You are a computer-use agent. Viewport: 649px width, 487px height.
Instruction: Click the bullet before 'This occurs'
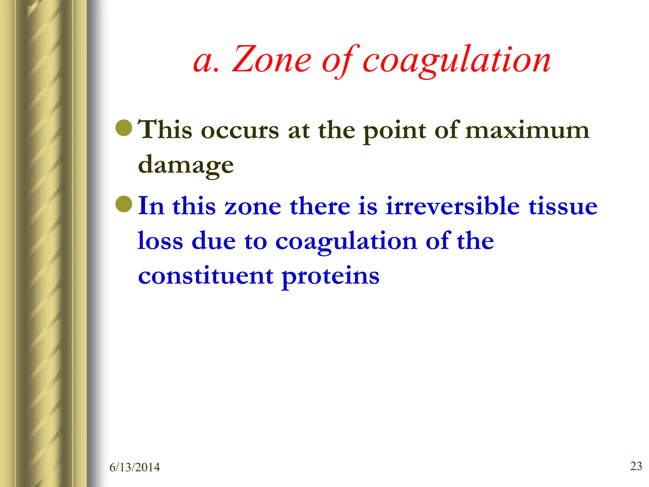click(124, 128)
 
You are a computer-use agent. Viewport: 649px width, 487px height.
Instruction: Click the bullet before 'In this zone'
click(124, 204)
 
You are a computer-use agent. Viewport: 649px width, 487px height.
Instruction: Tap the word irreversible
click(453, 206)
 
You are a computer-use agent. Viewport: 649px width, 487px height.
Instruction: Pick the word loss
click(160, 241)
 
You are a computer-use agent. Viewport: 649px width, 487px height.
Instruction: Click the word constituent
click(206, 276)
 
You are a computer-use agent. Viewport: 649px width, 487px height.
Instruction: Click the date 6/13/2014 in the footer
click(135, 467)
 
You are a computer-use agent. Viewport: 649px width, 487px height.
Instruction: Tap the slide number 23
click(636, 466)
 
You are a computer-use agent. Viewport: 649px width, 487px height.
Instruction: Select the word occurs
click(240, 131)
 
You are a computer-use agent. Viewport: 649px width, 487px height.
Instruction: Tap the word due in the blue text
click(214, 241)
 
